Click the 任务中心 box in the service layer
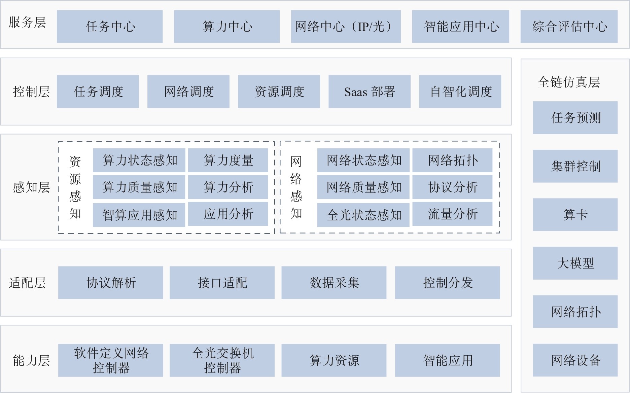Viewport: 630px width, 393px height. (110, 27)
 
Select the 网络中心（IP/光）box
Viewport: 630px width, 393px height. (346, 27)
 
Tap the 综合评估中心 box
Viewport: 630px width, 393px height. (569, 27)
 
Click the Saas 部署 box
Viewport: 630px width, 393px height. (369, 92)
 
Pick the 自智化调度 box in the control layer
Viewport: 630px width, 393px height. (460, 92)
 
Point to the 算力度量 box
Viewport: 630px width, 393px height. (228, 160)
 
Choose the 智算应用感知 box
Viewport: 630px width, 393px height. (139, 215)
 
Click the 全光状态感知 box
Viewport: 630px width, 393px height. (363, 215)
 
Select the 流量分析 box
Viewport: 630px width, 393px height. (452, 214)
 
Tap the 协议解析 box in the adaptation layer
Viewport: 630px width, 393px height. (111, 283)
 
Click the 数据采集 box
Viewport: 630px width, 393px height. (334, 283)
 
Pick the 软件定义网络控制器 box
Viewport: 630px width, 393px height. (111, 360)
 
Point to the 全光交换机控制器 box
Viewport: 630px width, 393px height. (222, 360)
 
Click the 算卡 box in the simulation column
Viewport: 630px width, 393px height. (575, 215)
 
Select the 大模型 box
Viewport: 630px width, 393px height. (575, 263)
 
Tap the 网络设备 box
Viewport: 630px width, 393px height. (575, 360)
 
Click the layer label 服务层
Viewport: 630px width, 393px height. (27, 22)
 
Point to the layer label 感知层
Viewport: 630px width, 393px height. (31, 187)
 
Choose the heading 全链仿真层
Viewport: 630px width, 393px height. (568, 82)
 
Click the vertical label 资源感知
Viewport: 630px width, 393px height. (75, 187)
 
